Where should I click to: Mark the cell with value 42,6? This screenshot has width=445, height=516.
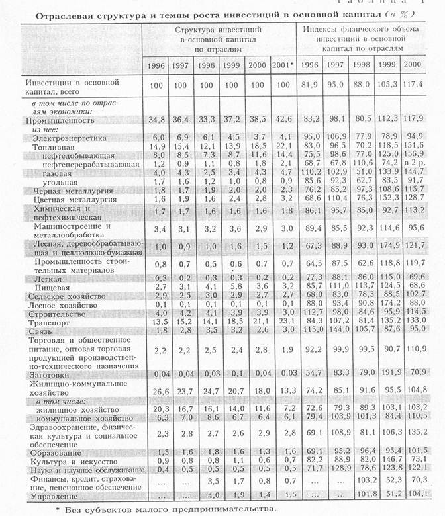tap(282, 120)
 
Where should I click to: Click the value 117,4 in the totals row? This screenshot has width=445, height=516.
tap(417, 85)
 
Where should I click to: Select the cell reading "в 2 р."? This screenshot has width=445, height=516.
tap(417, 162)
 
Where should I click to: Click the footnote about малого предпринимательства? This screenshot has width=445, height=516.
tap(166, 509)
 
